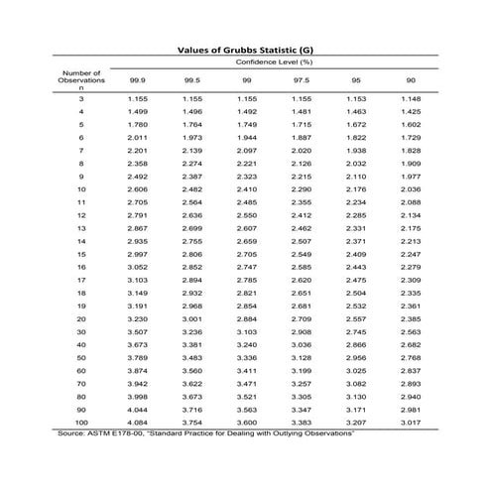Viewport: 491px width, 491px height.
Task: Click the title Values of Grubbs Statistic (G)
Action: click(245, 48)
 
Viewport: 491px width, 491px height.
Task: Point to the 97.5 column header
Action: click(302, 81)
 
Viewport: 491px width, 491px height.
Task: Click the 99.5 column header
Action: click(191, 81)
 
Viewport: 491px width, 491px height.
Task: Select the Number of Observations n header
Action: click(81, 79)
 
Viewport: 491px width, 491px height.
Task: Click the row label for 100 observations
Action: click(81, 423)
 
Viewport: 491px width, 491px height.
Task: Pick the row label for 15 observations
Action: click(81, 254)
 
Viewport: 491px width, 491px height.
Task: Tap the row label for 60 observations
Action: click(81, 370)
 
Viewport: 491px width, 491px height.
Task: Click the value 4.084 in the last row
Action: click(137, 423)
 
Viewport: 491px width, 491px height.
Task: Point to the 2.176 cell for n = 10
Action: click(356, 188)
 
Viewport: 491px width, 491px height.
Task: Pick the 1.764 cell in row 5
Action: click(191, 125)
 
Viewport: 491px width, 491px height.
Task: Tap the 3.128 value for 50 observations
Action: click(302, 357)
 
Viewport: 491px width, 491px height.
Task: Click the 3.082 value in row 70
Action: click(356, 383)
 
